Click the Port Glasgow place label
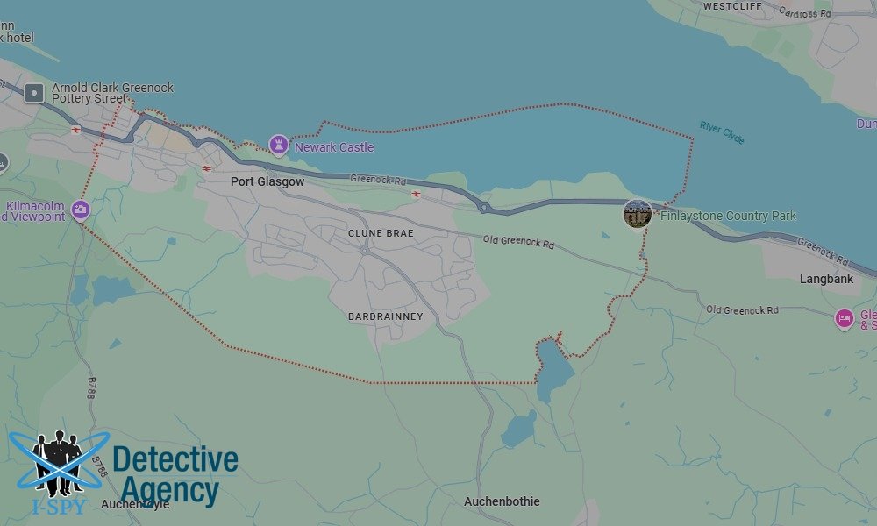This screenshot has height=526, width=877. (x=267, y=181)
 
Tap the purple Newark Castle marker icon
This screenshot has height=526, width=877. (x=278, y=144)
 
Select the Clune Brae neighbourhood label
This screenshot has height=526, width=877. (x=381, y=233)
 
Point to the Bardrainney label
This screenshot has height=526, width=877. (x=385, y=316)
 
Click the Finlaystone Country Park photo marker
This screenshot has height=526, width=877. (x=638, y=214)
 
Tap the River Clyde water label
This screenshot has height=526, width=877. (x=722, y=132)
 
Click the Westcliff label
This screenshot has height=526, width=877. (x=733, y=5)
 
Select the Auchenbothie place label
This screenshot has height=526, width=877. (x=502, y=501)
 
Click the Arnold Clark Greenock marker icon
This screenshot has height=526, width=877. (x=34, y=92)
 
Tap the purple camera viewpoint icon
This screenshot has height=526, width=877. (x=81, y=209)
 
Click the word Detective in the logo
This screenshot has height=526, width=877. (x=175, y=459)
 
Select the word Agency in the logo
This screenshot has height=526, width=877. (x=169, y=490)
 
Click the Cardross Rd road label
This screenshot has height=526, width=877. (x=806, y=13)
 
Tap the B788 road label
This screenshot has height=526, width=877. (x=92, y=387)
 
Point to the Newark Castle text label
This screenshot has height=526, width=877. (x=334, y=147)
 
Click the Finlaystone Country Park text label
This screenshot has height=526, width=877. (x=728, y=216)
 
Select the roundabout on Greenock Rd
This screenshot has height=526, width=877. (x=483, y=208)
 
